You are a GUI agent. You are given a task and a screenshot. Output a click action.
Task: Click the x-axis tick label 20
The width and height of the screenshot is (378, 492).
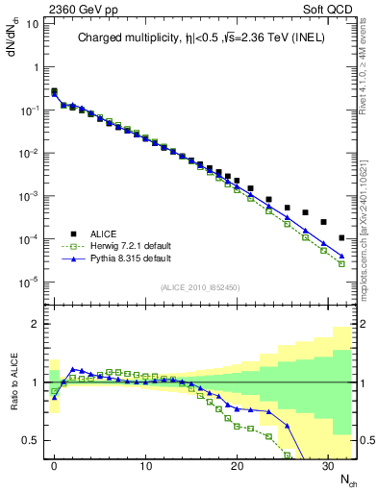237,466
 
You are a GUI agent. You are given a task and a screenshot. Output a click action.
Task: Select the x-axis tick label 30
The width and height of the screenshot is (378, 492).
327,466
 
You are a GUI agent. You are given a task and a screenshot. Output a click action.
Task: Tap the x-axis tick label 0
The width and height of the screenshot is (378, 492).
54,466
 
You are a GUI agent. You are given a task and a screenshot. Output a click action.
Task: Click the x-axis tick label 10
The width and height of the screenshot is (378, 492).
145,466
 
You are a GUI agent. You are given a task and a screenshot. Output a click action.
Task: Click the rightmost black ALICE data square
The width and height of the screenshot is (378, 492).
342,237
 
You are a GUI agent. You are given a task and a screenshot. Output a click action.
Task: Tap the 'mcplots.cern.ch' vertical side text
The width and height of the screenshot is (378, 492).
366,245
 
